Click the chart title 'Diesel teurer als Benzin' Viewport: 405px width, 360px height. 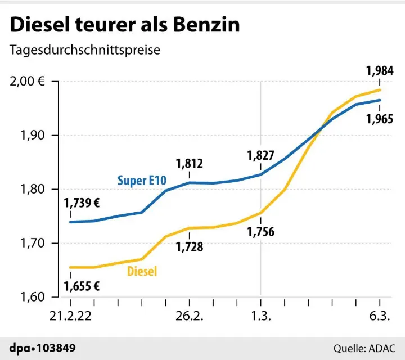pyautogui.click(x=124, y=25)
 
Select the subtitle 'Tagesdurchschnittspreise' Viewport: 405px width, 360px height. pyautogui.click(x=84, y=49)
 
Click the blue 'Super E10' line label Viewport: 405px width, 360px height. pyautogui.click(x=141, y=181)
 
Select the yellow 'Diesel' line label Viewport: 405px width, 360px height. pyautogui.click(x=142, y=272)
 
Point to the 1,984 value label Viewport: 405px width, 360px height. pyautogui.click(x=380, y=71)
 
